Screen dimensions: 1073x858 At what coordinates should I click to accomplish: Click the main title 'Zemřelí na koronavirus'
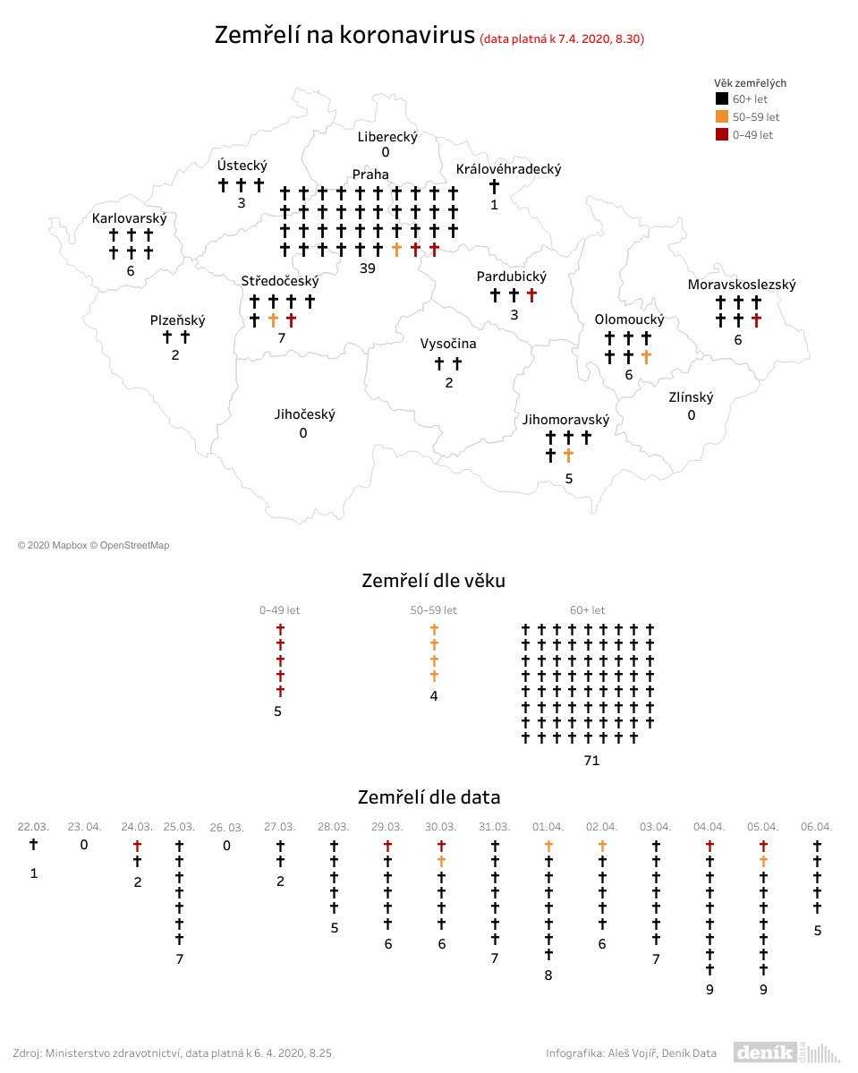[344, 37]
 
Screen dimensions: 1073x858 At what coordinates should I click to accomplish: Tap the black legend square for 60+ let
[721, 99]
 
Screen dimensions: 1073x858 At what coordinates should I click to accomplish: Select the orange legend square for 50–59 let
[721, 117]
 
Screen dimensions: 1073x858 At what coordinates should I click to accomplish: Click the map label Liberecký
[387, 137]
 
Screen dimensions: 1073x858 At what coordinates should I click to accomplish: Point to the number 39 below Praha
[366, 268]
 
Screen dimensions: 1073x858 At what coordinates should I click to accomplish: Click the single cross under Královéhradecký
[493, 186]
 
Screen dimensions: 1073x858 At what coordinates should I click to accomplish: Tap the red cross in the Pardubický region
[532, 295]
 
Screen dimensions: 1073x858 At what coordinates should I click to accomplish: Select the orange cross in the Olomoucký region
[646, 357]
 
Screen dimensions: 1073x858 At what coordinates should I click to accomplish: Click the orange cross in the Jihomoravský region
[568, 456]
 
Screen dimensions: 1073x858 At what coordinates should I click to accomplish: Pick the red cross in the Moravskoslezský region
[757, 319]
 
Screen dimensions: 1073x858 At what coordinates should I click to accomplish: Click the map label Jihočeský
[304, 414]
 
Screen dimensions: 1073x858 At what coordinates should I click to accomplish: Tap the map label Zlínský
[691, 396]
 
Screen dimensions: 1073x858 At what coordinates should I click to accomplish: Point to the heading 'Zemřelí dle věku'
[433, 581]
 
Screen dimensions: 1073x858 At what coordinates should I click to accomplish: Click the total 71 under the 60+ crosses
[590, 761]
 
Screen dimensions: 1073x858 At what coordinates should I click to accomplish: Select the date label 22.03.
[33, 826]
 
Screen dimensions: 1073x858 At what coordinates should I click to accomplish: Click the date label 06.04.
[817, 826]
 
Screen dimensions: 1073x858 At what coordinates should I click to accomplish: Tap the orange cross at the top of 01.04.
[548, 846]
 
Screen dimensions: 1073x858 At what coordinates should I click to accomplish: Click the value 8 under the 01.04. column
[548, 975]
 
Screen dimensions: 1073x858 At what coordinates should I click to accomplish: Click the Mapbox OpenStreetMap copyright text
[93, 545]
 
